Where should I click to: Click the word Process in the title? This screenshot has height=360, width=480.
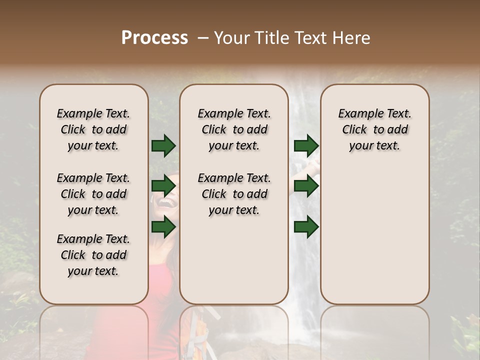(x=154, y=38)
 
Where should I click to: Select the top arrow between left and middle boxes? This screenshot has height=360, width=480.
(x=163, y=146)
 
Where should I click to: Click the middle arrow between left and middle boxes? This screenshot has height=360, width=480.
(x=163, y=186)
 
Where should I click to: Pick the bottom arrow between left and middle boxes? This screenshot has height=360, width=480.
(x=163, y=227)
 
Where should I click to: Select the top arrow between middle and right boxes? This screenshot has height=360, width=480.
(x=306, y=146)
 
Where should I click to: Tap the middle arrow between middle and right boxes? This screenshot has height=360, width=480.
(x=306, y=186)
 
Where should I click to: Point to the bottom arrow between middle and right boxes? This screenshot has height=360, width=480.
(x=306, y=227)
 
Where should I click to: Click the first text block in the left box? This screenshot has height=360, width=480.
(x=93, y=129)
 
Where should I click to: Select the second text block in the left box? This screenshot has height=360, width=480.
(x=93, y=194)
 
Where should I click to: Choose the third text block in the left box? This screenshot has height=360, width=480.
(x=93, y=255)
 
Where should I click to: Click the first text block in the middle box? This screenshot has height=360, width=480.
(x=234, y=129)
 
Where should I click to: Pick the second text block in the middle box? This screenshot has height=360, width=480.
(x=234, y=194)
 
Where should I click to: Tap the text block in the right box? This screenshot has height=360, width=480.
(x=374, y=129)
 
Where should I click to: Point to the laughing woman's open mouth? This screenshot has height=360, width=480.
(x=169, y=203)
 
